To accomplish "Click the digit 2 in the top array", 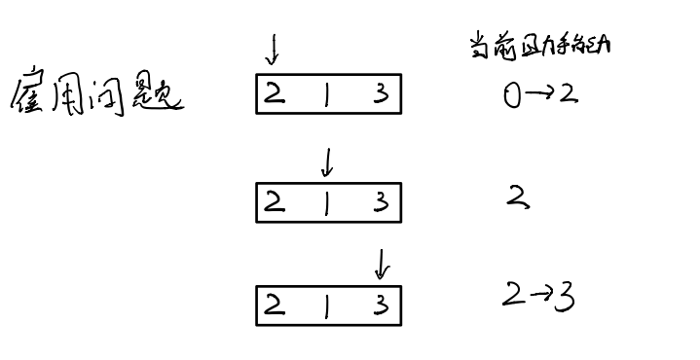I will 275,94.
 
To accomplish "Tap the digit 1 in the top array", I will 326,95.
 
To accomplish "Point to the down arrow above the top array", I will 273,47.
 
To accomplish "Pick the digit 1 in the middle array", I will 326,202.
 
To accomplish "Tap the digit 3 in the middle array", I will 382,202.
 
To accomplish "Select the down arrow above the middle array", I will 327,162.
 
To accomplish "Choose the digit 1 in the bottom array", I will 326,306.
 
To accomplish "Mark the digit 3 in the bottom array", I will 382,306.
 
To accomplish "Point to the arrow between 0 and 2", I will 538,95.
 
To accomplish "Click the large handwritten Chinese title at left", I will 95,96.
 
